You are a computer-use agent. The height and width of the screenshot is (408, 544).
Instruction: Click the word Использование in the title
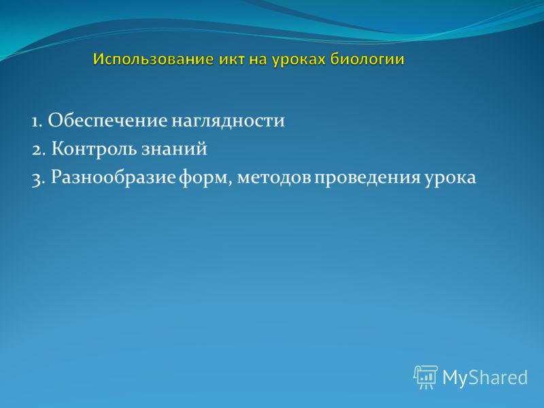[153, 60]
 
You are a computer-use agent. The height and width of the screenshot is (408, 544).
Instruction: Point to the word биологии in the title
[367, 60]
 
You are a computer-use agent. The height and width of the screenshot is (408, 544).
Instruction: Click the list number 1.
[37, 122]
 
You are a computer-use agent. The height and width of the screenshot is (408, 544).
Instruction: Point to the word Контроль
[95, 149]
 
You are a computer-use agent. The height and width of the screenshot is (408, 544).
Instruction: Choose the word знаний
[174, 149]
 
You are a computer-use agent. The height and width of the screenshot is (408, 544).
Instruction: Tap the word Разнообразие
[114, 177]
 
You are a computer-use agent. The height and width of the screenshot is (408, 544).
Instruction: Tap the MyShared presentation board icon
[426, 377]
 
